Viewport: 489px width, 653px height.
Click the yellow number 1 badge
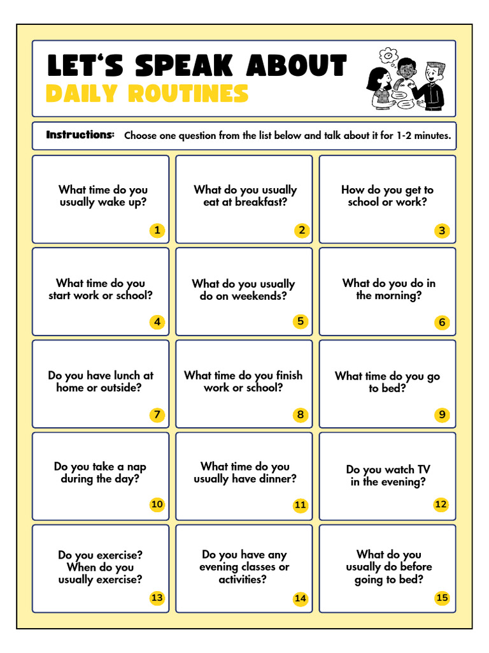pos(157,230)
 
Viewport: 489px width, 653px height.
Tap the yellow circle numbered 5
pos(301,321)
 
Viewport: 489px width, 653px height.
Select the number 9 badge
pos(442,415)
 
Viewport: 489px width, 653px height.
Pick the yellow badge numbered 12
pos(441,504)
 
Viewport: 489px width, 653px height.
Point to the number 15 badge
pos(442,598)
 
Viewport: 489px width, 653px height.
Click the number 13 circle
pos(157,598)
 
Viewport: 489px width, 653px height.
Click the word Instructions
pos(80,135)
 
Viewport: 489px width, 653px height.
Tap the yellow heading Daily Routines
pos(147,94)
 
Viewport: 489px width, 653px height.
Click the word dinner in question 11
pos(278,479)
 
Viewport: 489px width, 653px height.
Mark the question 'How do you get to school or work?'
pos(387,196)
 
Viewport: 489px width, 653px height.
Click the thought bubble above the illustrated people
pos(388,55)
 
